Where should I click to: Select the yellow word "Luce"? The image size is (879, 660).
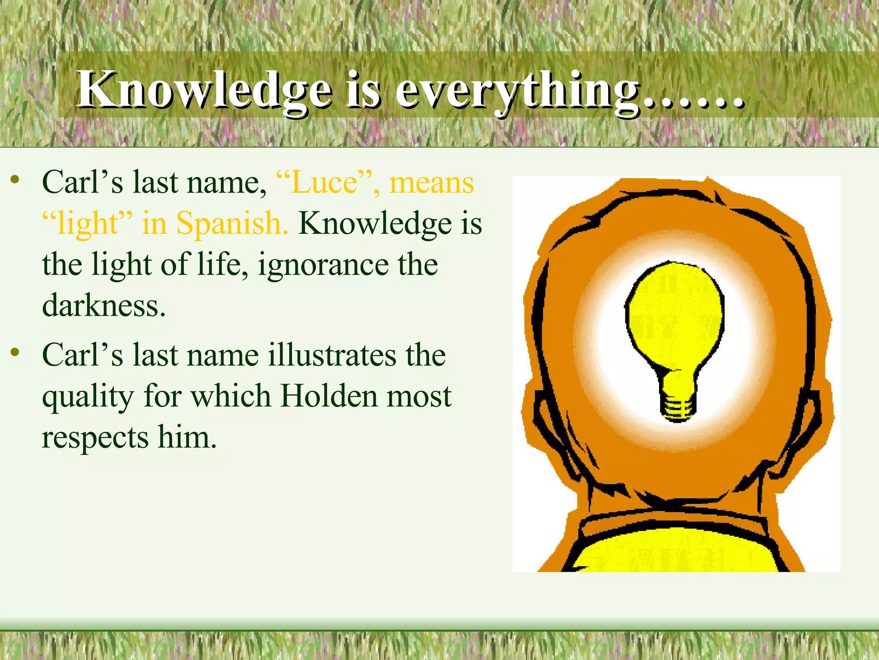pyautogui.click(x=324, y=182)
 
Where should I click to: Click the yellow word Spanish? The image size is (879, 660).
pyautogui.click(x=232, y=223)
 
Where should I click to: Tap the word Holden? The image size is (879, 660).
pyautogui.click(x=329, y=395)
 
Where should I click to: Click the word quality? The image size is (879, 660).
pyautogui.click(x=88, y=397)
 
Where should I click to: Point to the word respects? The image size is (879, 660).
pyautogui.click(x=95, y=437)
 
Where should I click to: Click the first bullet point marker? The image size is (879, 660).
pyautogui.click(x=15, y=180)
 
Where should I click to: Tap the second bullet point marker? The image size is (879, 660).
pyautogui.click(x=15, y=353)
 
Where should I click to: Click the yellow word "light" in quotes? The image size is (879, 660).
pyautogui.click(x=88, y=223)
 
